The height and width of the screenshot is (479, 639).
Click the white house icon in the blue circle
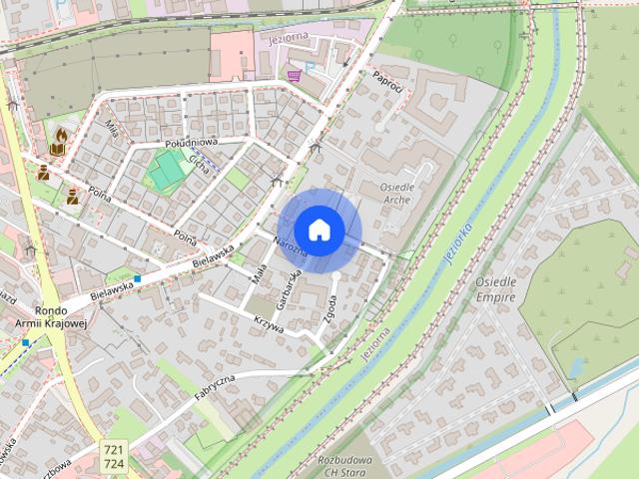coord(319,231)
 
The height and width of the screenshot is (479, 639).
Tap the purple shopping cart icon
coord(294,73)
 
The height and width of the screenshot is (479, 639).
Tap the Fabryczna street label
coord(214,388)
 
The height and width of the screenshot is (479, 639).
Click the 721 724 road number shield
coord(113,457)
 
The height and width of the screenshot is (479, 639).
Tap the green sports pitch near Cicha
coord(167,173)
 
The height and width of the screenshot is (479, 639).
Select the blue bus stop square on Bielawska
coord(137,279)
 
